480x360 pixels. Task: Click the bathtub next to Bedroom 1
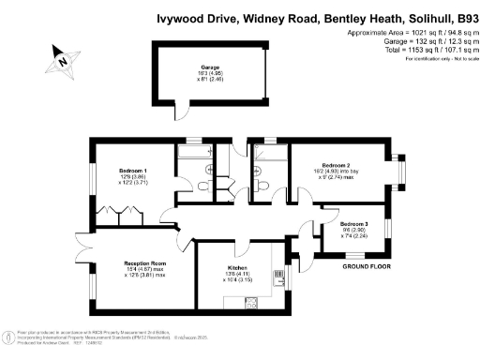pos(196,150)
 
